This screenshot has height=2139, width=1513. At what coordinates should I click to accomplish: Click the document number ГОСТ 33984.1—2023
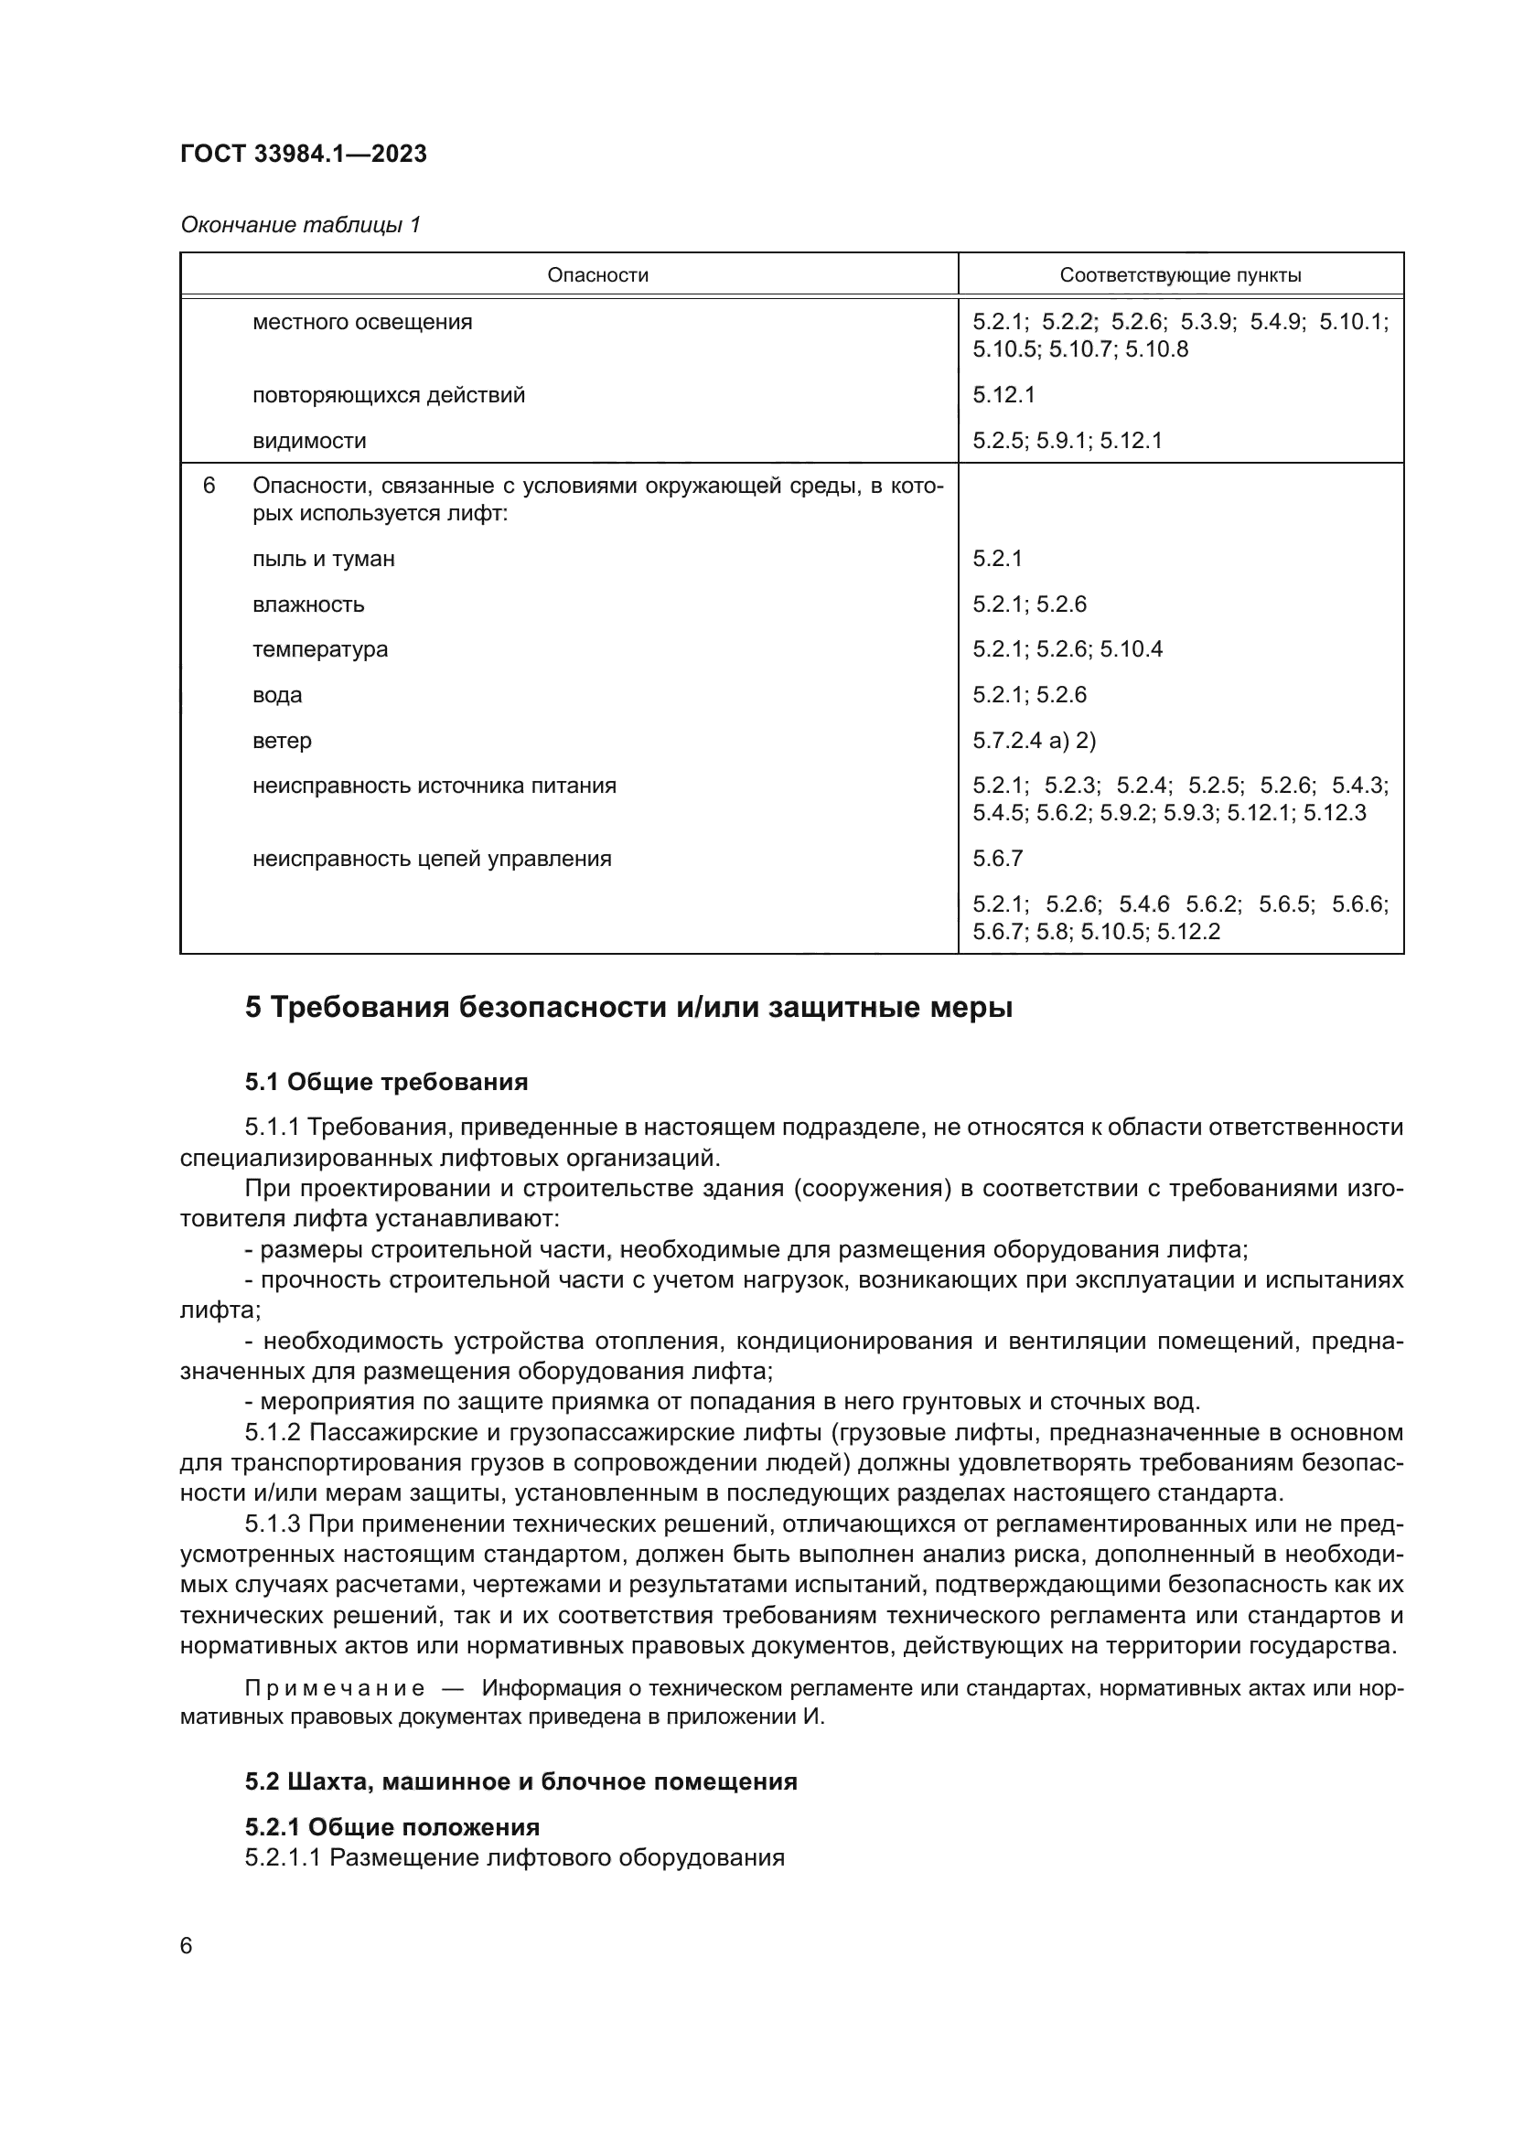click(303, 154)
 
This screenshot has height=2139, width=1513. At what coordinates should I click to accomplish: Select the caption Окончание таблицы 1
click(300, 225)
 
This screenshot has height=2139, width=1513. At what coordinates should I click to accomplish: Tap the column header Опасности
click(597, 275)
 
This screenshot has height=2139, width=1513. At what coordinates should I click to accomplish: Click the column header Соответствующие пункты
click(1180, 275)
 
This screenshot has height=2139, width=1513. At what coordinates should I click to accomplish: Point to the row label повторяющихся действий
click(389, 395)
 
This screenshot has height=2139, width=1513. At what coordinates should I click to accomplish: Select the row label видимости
click(309, 441)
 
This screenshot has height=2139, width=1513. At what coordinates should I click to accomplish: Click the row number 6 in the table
click(209, 486)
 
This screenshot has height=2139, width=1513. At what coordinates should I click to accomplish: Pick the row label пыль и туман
click(323, 559)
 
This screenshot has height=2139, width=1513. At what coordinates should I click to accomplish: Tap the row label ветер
click(282, 741)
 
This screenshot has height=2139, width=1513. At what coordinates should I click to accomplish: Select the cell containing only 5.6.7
click(998, 858)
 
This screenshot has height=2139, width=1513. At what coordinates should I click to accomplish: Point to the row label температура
click(319, 649)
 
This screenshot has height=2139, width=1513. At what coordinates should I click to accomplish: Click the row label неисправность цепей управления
click(432, 858)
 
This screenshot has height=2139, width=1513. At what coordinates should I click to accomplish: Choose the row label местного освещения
click(361, 322)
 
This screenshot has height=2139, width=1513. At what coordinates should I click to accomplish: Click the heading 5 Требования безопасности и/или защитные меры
click(628, 1007)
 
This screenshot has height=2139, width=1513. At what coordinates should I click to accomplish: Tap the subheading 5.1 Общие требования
click(386, 1082)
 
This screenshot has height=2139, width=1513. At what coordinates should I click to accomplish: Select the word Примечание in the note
click(335, 1689)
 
